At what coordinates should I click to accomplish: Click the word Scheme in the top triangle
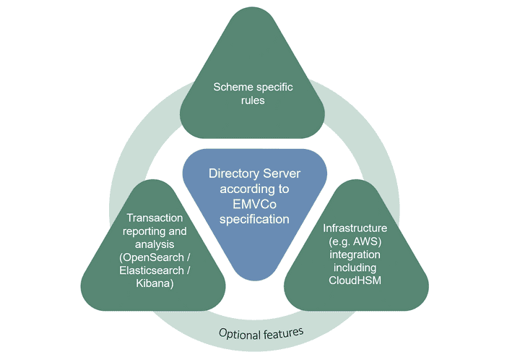point(231,87)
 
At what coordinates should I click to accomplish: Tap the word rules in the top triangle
point(253,100)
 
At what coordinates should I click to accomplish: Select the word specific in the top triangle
point(272,87)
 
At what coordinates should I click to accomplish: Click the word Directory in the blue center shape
point(234,173)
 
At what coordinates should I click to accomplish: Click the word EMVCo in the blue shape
point(254,204)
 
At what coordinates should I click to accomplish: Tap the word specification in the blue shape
point(254,219)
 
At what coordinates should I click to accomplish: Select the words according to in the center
point(254,189)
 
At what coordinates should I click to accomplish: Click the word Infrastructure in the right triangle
point(355,228)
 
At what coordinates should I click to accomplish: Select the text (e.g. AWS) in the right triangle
point(355,241)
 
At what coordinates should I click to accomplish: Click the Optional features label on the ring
point(261,333)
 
